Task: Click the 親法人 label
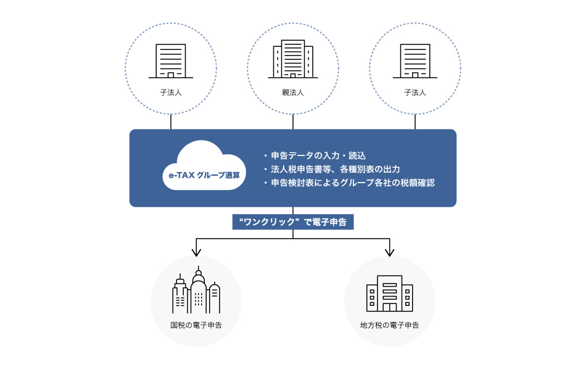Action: (293, 92)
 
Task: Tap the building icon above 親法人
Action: (293, 59)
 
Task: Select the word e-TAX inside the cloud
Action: (181, 176)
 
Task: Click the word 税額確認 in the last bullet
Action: (419, 183)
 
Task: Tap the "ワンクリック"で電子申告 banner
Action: (293, 221)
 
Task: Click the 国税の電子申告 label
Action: (196, 324)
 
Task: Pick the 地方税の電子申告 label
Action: (389, 324)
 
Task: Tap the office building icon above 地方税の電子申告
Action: (389, 293)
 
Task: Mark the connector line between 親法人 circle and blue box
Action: (293, 121)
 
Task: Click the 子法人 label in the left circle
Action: (171, 92)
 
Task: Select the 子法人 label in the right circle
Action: (415, 92)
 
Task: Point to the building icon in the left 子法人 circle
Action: (171, 60)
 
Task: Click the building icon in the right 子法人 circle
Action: (415, 60)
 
